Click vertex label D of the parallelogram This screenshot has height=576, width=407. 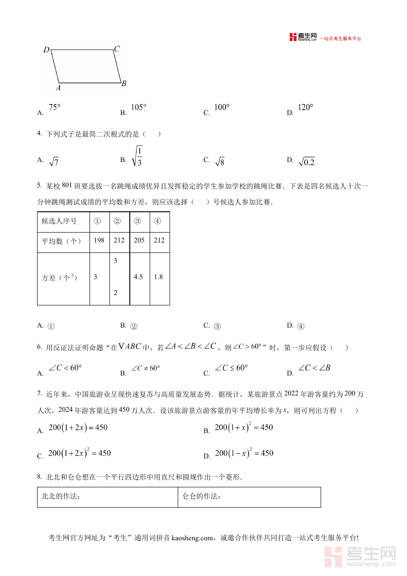(x=46, y=50)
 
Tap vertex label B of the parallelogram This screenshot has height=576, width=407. (x=123, y=83)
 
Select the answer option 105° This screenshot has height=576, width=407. (x=138, y=108)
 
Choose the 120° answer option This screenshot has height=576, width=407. (x=305, y=108)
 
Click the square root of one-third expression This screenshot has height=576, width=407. (x=137, y=157)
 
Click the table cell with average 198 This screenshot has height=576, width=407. (x=99, y=240)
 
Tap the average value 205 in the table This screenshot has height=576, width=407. (x=139, y=240)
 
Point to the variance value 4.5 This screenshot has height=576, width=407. (x=138, y=277)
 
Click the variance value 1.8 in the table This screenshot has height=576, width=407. (x=158, y=277)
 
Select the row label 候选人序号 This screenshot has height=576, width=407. (x=59, y=221)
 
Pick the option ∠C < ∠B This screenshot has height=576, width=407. (x=314, y=368)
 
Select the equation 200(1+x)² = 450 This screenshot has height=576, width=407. (x=244, y=428)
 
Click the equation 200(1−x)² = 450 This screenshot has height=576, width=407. (x=244, y=453)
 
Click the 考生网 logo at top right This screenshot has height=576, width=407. (x=303, y=38)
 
